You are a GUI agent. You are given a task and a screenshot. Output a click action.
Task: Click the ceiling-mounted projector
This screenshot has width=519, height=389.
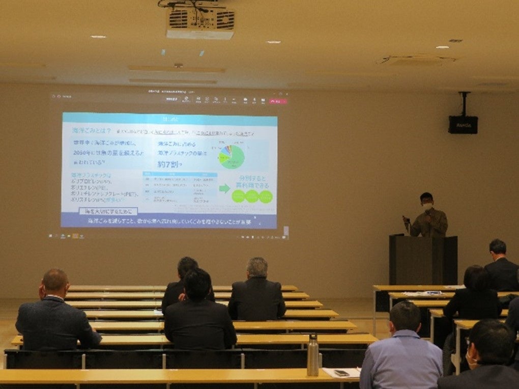pyautogui.click(x=200, y=22)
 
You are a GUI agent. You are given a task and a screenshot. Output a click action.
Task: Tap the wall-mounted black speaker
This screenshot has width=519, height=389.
pyautogui.click(x=463, y=124)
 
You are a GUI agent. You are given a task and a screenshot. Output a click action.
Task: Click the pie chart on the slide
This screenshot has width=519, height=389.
pyautogui.click(x=232, y=156)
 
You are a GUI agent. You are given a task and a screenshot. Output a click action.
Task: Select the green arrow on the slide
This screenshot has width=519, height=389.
pyautogui.click(x=224, y=188)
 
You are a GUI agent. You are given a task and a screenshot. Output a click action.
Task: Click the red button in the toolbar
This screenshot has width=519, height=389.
pyautogui.click(x=278, y=101)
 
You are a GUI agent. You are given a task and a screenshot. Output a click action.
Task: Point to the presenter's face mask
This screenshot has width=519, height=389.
pyautogui.click(x=427, y=206)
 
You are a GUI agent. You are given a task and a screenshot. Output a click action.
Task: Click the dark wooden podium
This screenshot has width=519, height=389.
pyautogui.click(x=423, y=259)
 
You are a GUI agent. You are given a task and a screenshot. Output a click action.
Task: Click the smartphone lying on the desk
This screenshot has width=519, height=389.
pyautogui.click(x=341, y=373)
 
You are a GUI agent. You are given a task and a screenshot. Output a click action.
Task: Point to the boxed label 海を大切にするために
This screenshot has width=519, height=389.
pyautogui.click(x=108, y=211)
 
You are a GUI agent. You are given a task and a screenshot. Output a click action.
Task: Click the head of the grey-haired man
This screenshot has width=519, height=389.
pyautogui.click(x=257, y=268)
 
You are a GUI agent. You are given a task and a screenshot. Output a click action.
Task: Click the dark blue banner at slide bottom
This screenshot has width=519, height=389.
pyautogui.click(x=169, y=221)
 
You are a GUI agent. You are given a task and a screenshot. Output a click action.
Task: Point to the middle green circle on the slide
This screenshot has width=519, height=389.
pyautogui.click(x=252, y=197)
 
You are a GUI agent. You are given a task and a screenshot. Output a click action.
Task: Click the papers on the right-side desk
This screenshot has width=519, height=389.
pyautogui.click(x=422, y=293)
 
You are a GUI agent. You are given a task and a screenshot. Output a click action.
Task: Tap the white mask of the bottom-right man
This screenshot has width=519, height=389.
pyautogui.click(x=471, y=362)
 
